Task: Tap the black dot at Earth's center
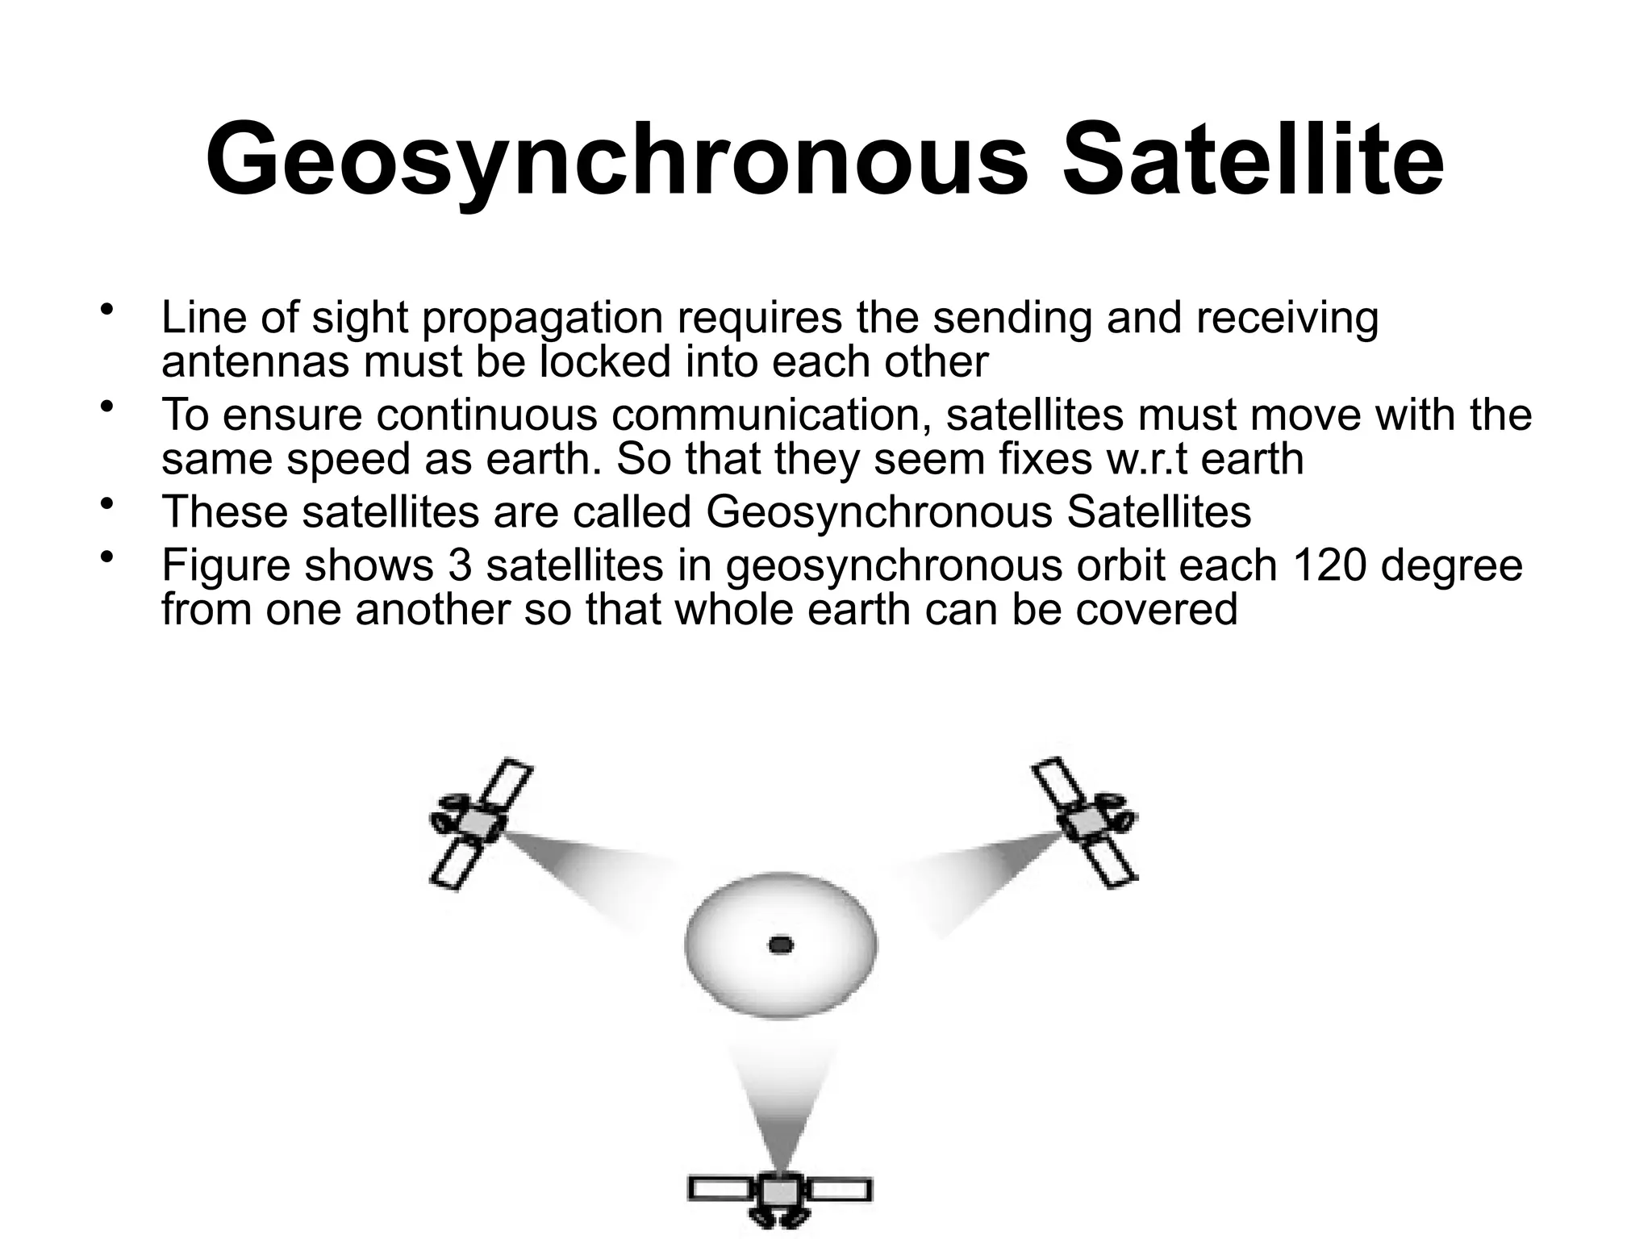coord(780,945)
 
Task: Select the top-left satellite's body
coord(479,823)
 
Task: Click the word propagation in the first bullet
coord(542,318)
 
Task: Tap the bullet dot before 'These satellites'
coord(107,506)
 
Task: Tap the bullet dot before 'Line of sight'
coord(107,311)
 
